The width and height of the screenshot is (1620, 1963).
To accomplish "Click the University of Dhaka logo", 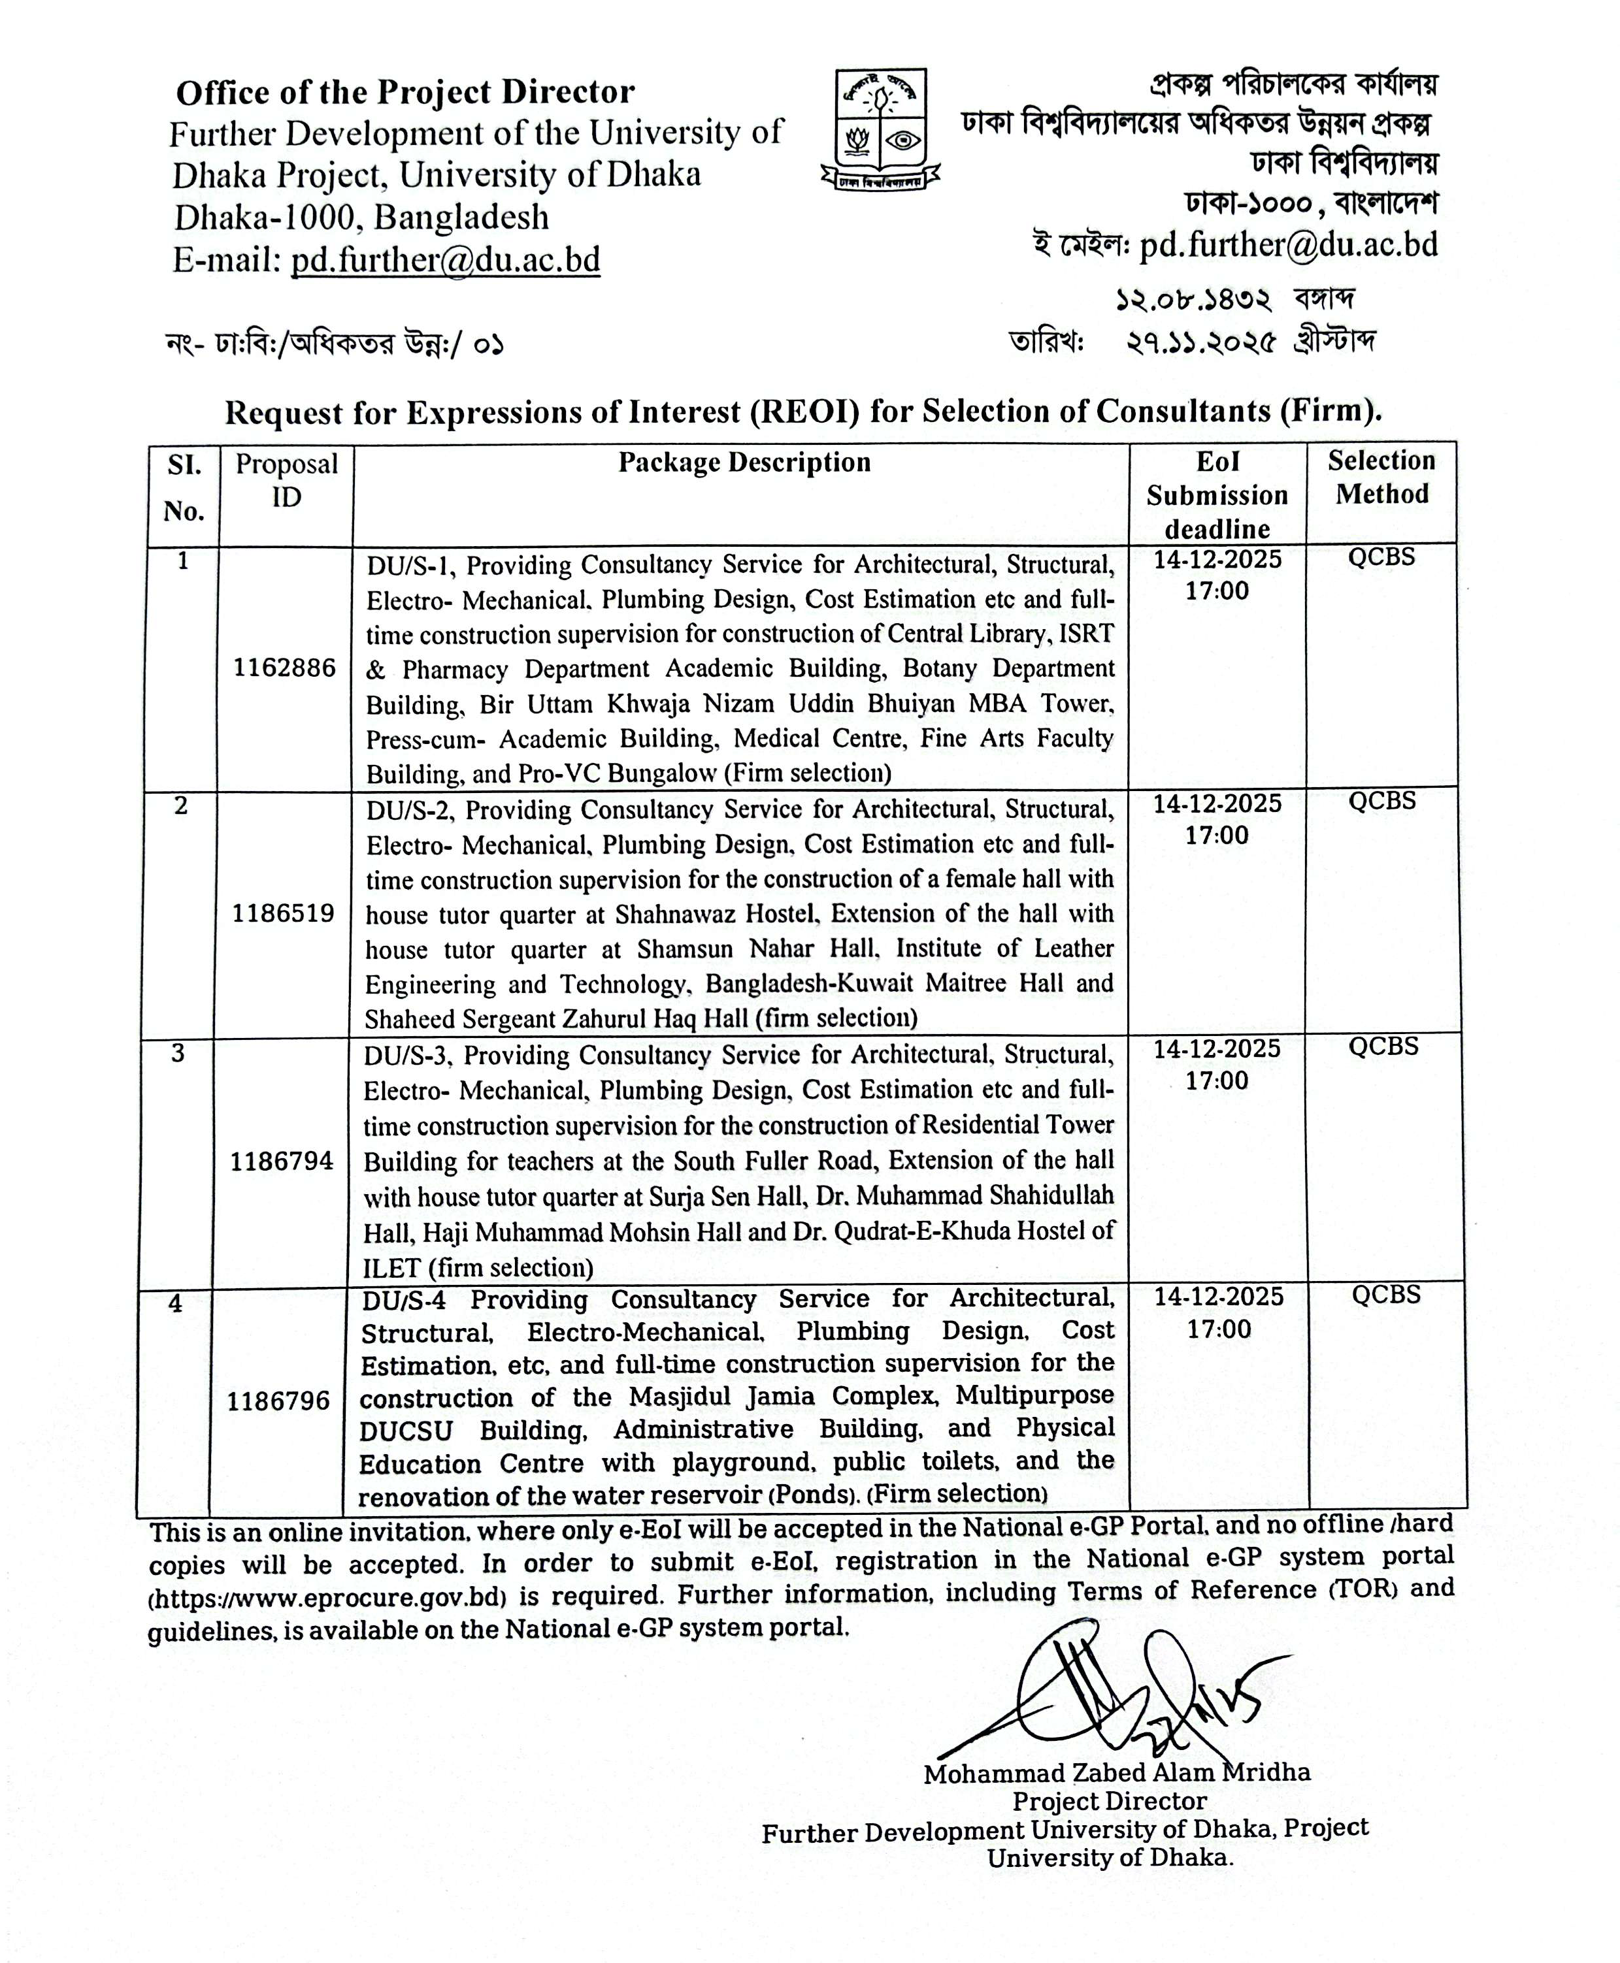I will (x=880, y=131).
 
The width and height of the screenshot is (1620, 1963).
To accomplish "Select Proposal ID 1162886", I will (x=285, y=668).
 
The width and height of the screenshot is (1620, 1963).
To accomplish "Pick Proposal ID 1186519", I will (x=283, y=913).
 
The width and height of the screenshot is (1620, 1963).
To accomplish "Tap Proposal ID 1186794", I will (x=281, y=1161).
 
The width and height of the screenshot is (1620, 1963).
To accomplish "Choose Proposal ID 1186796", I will (x=278, y=1401).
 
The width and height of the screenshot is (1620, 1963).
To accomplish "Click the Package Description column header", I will (x=744, y=462).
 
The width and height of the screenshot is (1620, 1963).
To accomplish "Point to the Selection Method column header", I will (x=1381, y=477).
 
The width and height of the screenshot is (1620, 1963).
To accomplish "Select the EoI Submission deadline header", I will (x=1217, y=495).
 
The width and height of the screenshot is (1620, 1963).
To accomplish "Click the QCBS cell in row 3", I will (x=1383, y=1046).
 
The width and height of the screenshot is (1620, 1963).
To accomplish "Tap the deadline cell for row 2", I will (x=1217, y=819).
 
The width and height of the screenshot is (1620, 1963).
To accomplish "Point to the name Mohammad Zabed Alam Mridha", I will (x=1116, y=1773).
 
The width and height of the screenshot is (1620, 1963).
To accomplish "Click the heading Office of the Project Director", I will (x=405, y=92).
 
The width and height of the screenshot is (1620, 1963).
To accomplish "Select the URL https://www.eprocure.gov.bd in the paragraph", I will (x=327, y=1597).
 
